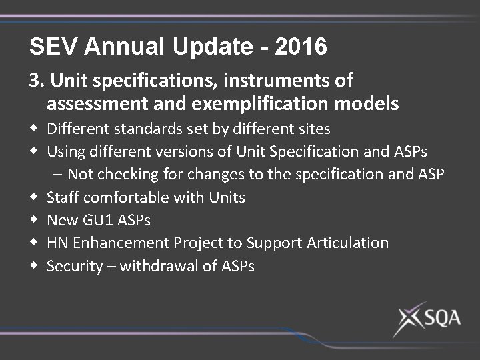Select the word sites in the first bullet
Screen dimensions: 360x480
pos(313,128)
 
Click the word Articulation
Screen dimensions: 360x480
pos(347,243)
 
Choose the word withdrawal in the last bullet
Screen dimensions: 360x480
pos(157,266)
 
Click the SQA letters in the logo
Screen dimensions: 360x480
pos(440,318)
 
